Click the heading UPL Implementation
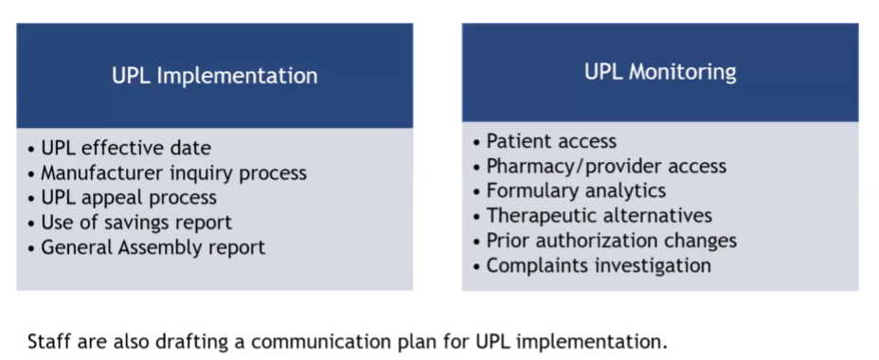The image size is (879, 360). click(x=215, y=76)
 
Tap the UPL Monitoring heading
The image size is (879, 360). click(x=660, y=72)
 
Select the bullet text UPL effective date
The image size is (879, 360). click(x=126, y=148)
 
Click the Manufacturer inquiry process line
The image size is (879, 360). click(x=173, y=172)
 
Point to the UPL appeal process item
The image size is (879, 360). click(x=129, y=197)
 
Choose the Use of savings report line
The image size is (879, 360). click(x=136, y=222)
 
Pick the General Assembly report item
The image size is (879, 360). click(x=153, y=247)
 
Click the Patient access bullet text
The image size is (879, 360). click(x=551, y=141)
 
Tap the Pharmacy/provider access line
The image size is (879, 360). click(x=606, y=166)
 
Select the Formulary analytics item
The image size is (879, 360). click(x=576, y=190)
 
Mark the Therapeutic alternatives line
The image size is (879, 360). click(x=600, y=215)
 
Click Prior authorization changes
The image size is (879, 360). click(x=612, y=241)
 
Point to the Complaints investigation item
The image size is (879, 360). click(x=599, y=265)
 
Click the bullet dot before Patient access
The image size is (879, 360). click(x=477, y=142)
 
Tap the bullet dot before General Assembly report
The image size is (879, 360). click(x=31, y=248)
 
